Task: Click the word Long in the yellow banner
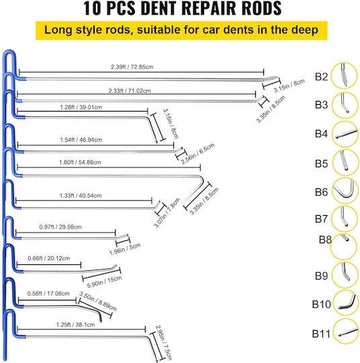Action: pyautogui.click(x=58, y=30)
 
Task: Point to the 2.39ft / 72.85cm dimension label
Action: pyautogui.click(x=132, y=67)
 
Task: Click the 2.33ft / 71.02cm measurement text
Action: pyautogui.click(x=130, y=91)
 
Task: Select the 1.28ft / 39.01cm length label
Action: pyautogui.click(x=81, y=108)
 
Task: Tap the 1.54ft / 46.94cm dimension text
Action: pyautogui.click(x=81, y=140)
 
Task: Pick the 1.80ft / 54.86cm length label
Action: pyautogui.click(x=80, y=162)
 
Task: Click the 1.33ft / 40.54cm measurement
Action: pyautogui.click(x=81, y=196)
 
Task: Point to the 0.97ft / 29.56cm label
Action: pyautogui.click(x=60, y=227)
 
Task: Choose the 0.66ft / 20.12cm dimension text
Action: pyautogui.click(x=49, y=258)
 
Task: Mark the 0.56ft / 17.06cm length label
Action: pyautogui.click(x=48, y=294)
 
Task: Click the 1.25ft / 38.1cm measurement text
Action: pyautogui.click(x=76, y=325)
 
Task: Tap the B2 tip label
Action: pyautogui.click(x=321, y=77)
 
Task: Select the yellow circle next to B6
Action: pyautogui.click(x=345, y=190)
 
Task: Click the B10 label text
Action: pyautogui.click(x=321, y=305)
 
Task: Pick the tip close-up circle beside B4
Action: pyautogui.click(x=345, y=134)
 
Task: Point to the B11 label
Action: pyautogui.click(x=321, y=334)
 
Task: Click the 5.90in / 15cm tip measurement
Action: pyautogui.click(x=104, y=282)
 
